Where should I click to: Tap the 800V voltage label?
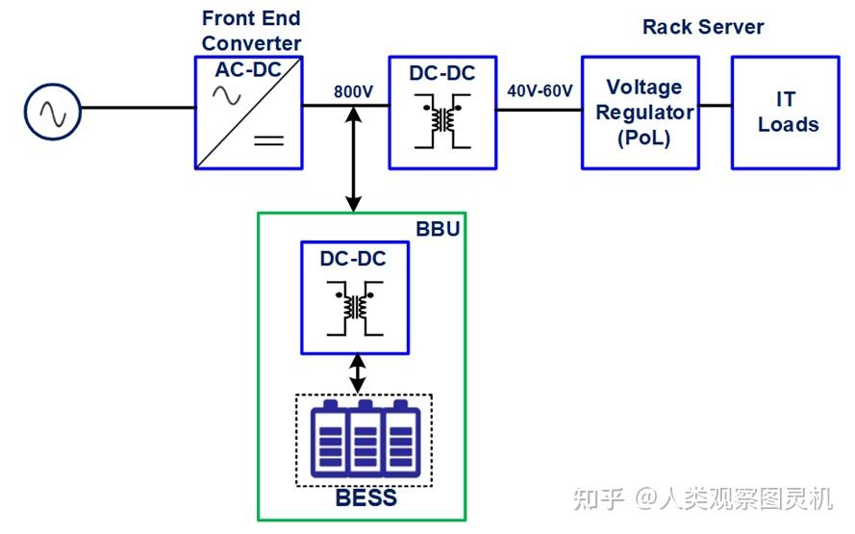click(353, 92)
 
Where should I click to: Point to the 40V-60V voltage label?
click(540, 92)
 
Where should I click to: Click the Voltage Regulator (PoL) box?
click(640, 113)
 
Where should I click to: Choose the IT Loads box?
click(788, 113)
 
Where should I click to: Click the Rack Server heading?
click(702, 27)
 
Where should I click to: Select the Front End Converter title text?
click(251, 31)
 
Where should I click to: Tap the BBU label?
click(438, 229)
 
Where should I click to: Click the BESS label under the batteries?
click(365, 498)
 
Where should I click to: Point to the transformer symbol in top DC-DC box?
click(443, 120)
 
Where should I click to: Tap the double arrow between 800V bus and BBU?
click(354, 160)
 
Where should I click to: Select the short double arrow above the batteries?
click(358, 374)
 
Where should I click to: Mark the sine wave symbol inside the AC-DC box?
click(227, 95)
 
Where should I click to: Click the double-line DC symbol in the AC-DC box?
click(268, 140)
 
